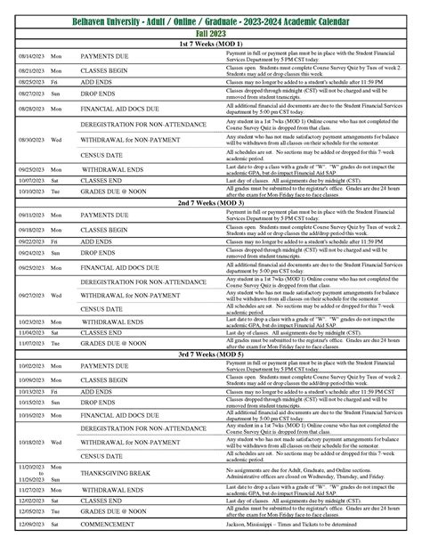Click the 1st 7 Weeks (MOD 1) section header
tap(211, 44)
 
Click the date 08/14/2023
tap(28, 55)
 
